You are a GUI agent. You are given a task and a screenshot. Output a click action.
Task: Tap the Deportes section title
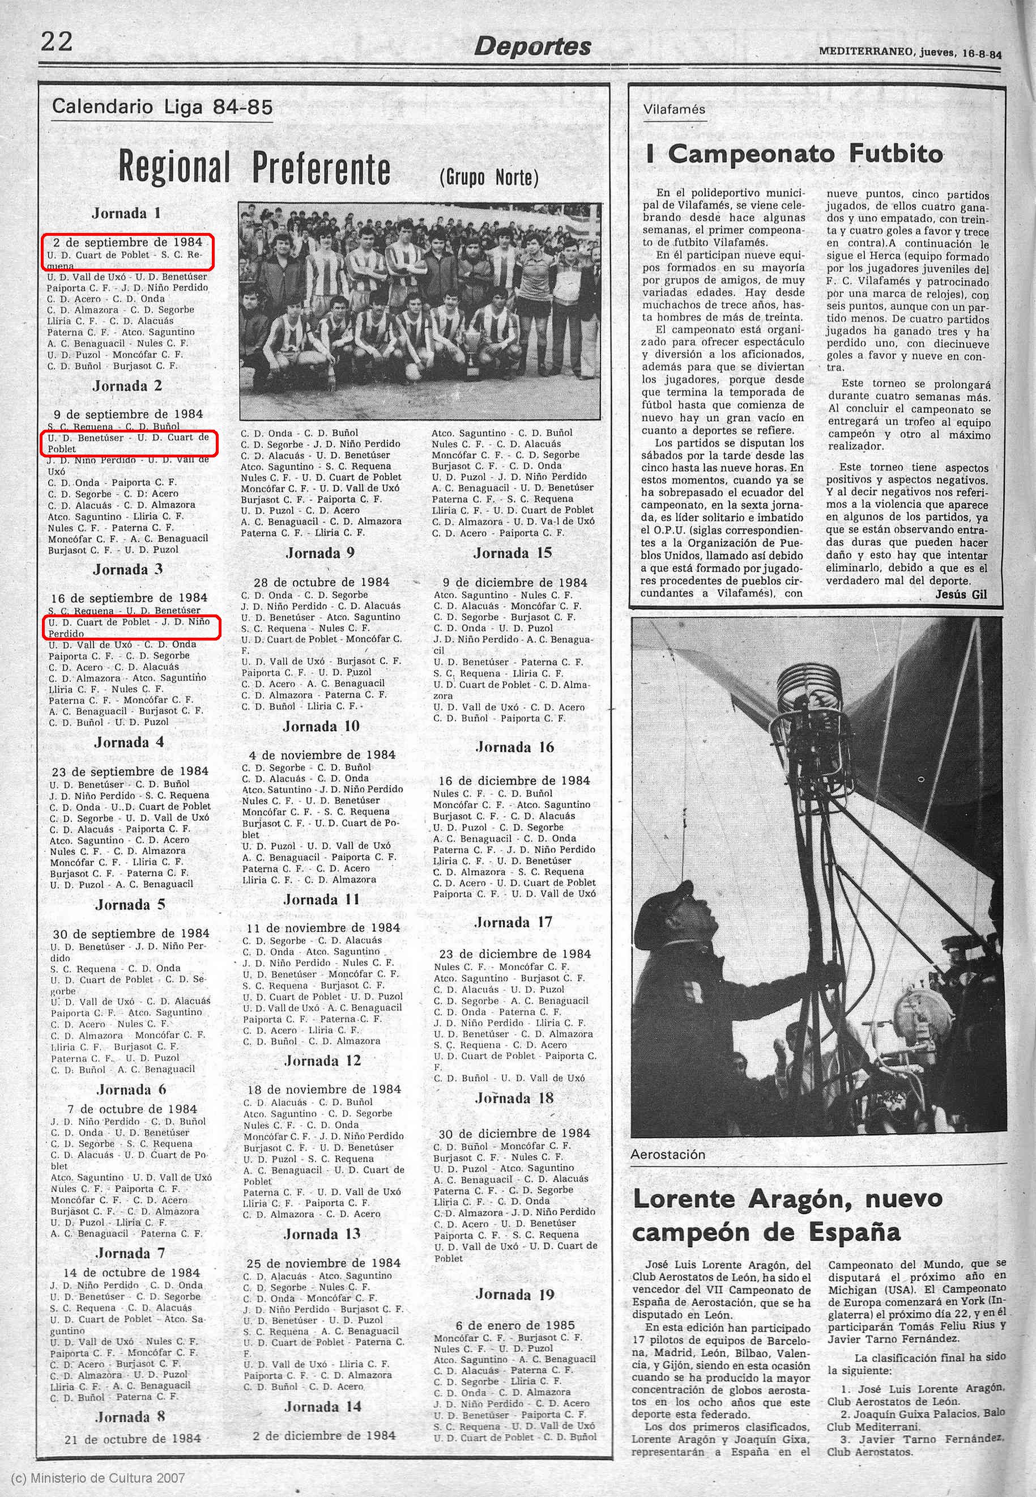tap(532, 46)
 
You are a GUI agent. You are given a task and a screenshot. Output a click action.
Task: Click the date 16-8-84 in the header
tap(982, 54)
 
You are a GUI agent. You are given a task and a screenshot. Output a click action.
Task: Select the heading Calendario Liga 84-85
tap(161, 107)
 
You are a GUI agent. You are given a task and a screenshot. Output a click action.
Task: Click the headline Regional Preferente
tap(254, 168)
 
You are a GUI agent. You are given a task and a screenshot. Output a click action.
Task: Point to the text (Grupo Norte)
tap(488, 177)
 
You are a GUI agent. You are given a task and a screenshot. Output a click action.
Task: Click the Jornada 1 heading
tap(126, 213)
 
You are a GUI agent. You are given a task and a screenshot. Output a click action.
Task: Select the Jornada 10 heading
tap(321, 726)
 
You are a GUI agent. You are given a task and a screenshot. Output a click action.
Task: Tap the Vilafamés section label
tap(674, 109)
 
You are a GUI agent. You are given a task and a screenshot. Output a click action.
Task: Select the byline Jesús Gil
tap(961, 594)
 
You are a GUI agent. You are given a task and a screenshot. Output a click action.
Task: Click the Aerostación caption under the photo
tap(667, 1154)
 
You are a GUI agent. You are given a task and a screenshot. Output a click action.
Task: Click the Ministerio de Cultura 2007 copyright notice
tap(98, 1478)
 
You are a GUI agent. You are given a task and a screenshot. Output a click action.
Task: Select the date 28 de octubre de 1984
tap(321, 583)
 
